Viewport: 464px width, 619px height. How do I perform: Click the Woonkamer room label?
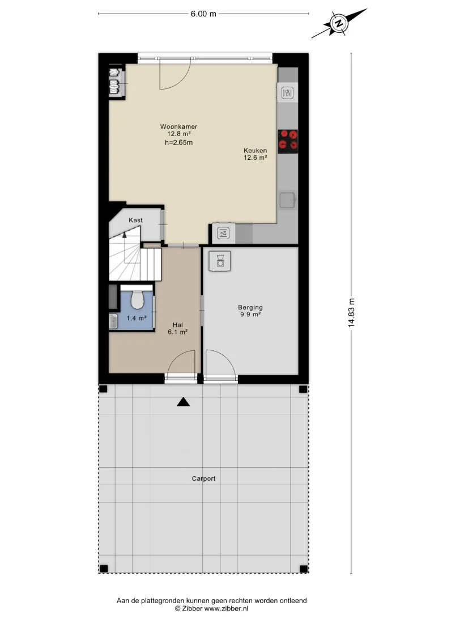[178, 127]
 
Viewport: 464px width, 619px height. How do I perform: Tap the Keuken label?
[256, 150]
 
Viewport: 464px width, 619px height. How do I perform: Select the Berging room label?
[250, 308]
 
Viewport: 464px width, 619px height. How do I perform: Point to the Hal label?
[177, 325]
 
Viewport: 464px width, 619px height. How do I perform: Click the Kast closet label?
[135, 221]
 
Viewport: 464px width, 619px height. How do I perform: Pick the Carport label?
[203, 478]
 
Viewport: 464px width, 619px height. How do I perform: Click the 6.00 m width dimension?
[203, 14]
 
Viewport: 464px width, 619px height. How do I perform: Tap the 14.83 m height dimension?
[351, 313]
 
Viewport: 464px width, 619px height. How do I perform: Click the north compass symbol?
[339, 23]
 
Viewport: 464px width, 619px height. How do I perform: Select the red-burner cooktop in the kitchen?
[288, 141]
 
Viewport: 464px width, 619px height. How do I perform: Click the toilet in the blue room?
[137, 299]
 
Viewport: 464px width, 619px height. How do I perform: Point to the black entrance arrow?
[183, 402]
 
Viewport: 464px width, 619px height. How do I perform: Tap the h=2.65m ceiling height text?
[178, 142]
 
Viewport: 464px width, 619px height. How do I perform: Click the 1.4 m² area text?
[137, 318]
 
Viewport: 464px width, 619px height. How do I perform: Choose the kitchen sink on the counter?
[288, 200]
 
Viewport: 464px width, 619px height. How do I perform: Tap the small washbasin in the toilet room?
[113, 321]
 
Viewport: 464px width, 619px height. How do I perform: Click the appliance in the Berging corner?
[220, 261]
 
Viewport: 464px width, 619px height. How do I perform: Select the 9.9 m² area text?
[250, 315]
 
